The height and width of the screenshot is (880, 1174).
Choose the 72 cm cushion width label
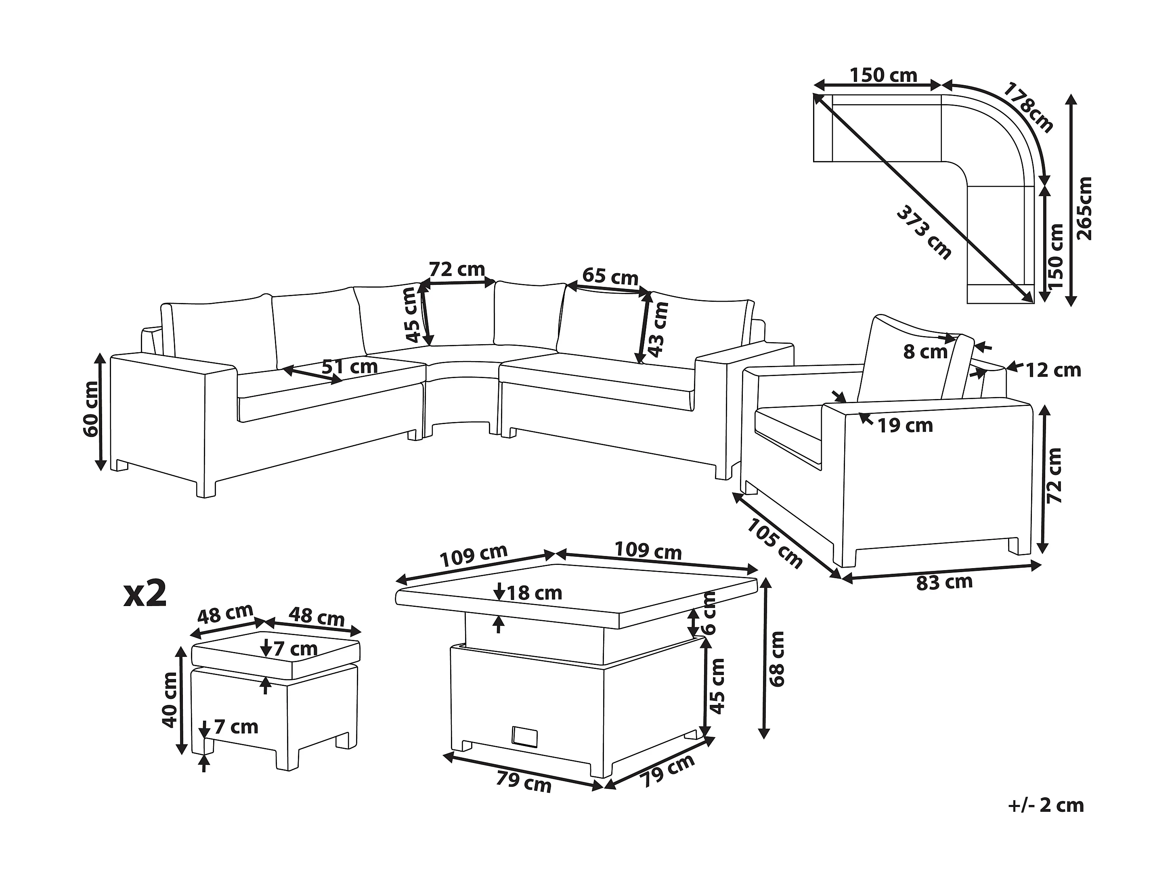457,270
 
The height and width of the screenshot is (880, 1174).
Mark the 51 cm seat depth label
350,366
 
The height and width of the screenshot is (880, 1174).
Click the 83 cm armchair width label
944,582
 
